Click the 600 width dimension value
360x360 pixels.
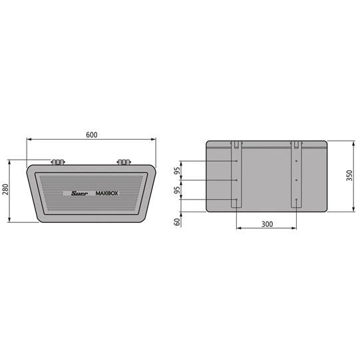(91, 134)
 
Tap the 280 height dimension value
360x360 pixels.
(5, 191)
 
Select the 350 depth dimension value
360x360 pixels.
(350, 176)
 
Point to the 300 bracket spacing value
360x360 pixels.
(266, 224)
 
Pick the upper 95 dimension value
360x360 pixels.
(177, 170)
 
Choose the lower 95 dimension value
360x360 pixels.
(177, 190)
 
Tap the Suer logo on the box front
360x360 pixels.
(79, 194)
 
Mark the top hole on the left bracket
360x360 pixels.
(237, 161)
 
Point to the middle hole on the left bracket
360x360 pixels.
(237, 180)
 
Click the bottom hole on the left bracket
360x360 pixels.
(237, 199)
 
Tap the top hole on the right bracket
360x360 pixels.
(295, 161)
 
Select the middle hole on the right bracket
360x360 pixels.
(295, 180)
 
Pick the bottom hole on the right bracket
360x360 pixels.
(295, 199)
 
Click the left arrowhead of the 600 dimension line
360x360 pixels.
(29, 140)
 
